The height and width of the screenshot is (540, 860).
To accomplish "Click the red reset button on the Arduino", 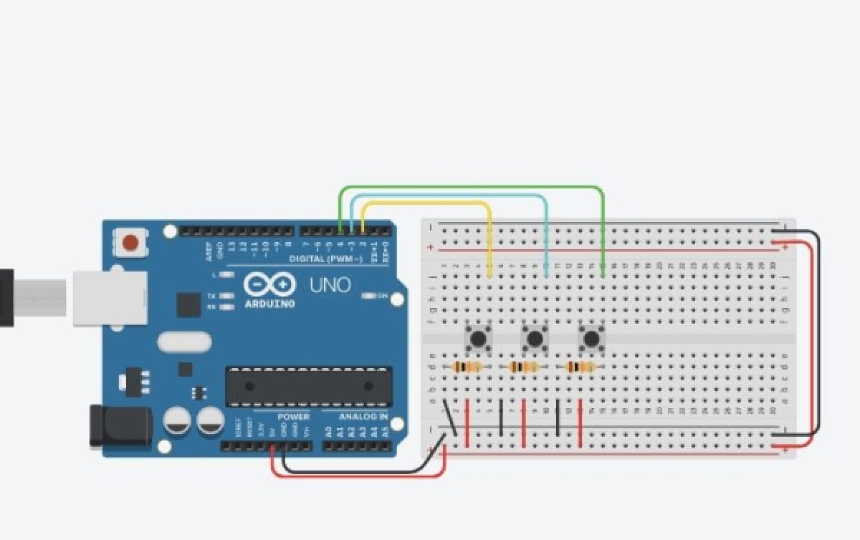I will click(130, 242).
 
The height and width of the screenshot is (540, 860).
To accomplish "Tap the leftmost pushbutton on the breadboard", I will click(477, 337).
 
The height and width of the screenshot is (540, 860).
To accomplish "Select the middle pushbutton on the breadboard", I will click(534, 337).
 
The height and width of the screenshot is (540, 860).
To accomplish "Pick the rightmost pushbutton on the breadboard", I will click(591, 337).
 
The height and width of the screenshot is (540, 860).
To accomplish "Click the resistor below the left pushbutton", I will click(468, 367).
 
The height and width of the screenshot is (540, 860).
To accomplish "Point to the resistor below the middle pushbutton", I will click(525, 367).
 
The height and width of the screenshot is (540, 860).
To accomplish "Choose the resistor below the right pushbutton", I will click(581, 367).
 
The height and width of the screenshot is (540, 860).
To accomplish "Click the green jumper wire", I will click(473, 187).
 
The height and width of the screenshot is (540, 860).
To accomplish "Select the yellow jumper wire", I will click(430, 204).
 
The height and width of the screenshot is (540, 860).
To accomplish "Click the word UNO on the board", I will click(330, 285).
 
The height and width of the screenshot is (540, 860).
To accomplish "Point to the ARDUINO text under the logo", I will click(269, 304).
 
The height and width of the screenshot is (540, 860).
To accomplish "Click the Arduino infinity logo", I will click(269, 285).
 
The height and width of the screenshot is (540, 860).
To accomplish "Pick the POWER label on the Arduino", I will click(294, 417).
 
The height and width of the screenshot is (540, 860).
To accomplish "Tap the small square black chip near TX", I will click(188, 304).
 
